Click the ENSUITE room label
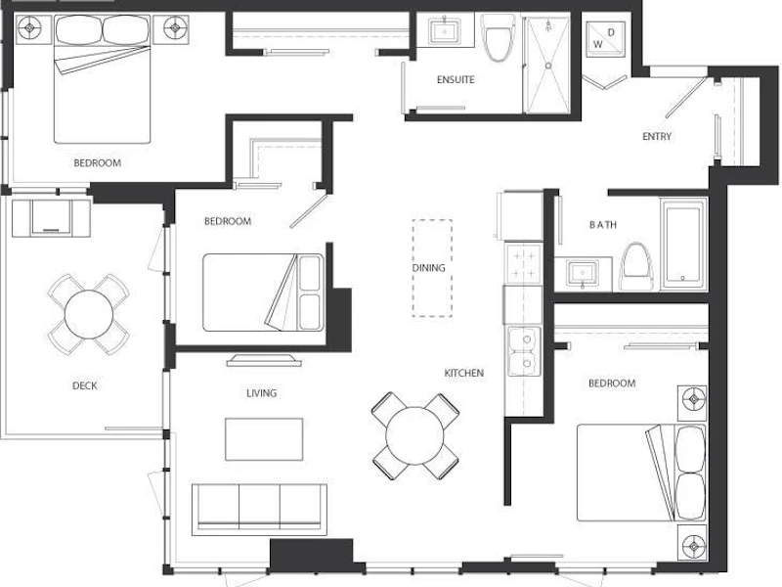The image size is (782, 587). click(x=456, y=79)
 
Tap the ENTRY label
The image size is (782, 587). click(x=657, y=136)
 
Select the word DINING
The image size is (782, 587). click(x=428, y=268)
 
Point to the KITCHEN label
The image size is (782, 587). click(x=463, y=373)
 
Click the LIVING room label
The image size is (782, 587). click(x=261, y=393)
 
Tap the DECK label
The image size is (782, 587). click(x=85, y=385)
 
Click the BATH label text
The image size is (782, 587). click(x=603, y=225)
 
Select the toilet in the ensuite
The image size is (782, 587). click(x=499, y=37)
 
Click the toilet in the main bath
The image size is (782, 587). click(x=636, y=266)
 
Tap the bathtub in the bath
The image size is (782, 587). click(x=683, y=244)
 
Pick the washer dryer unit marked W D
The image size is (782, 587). click(x=605, y=39)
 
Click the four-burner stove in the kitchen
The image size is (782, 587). click(x=524, y=263)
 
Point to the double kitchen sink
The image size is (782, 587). click(x=524, y=351)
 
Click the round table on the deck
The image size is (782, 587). click(x=88, y=314)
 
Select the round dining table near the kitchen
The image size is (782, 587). click(x=414, y=435)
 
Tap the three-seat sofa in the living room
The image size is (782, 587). click(x=259, y=509)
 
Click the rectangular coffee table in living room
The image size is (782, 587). click(x=264, y=439)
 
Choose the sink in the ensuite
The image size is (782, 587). click(x=445, y=31)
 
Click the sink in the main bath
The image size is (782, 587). click(x=583, y=274)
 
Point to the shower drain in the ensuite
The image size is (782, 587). click(x=548, y=66)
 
